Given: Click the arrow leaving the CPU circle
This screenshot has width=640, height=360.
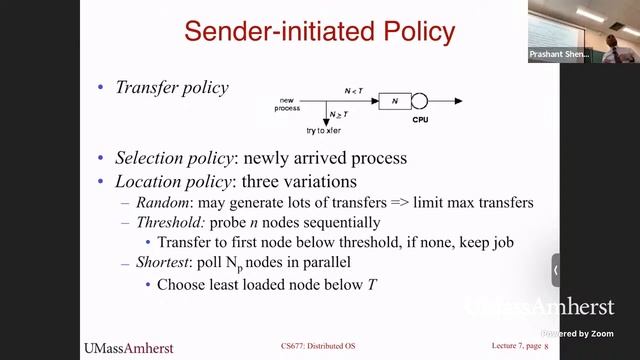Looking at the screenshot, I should (x=447, y=100).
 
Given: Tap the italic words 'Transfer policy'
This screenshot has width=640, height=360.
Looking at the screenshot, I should (x=172, y=88).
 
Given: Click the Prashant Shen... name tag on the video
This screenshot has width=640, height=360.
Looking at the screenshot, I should (x=559, y=55).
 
